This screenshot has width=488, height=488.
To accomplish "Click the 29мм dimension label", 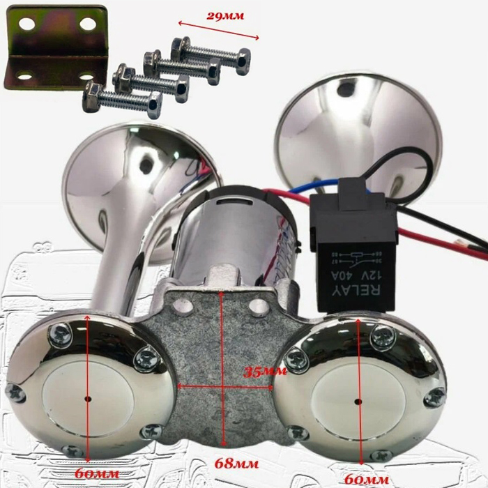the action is click(225, 16).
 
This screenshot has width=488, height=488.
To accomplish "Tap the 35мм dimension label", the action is click(265, 372).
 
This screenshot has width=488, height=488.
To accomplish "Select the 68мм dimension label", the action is click(236, 464).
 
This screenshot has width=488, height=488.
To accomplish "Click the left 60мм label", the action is click(97, 473).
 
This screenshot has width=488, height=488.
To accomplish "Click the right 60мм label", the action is click(367, 479).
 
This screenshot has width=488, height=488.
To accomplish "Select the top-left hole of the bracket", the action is click(27, 24).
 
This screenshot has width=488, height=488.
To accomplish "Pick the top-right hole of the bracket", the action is click(87, 24).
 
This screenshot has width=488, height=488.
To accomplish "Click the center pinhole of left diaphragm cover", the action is click(89, 399).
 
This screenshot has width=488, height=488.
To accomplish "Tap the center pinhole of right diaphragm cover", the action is click(358, 402).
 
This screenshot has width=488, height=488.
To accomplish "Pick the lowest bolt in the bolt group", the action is click(122, 100).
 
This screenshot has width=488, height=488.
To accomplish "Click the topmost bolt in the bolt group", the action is click(211, 55).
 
